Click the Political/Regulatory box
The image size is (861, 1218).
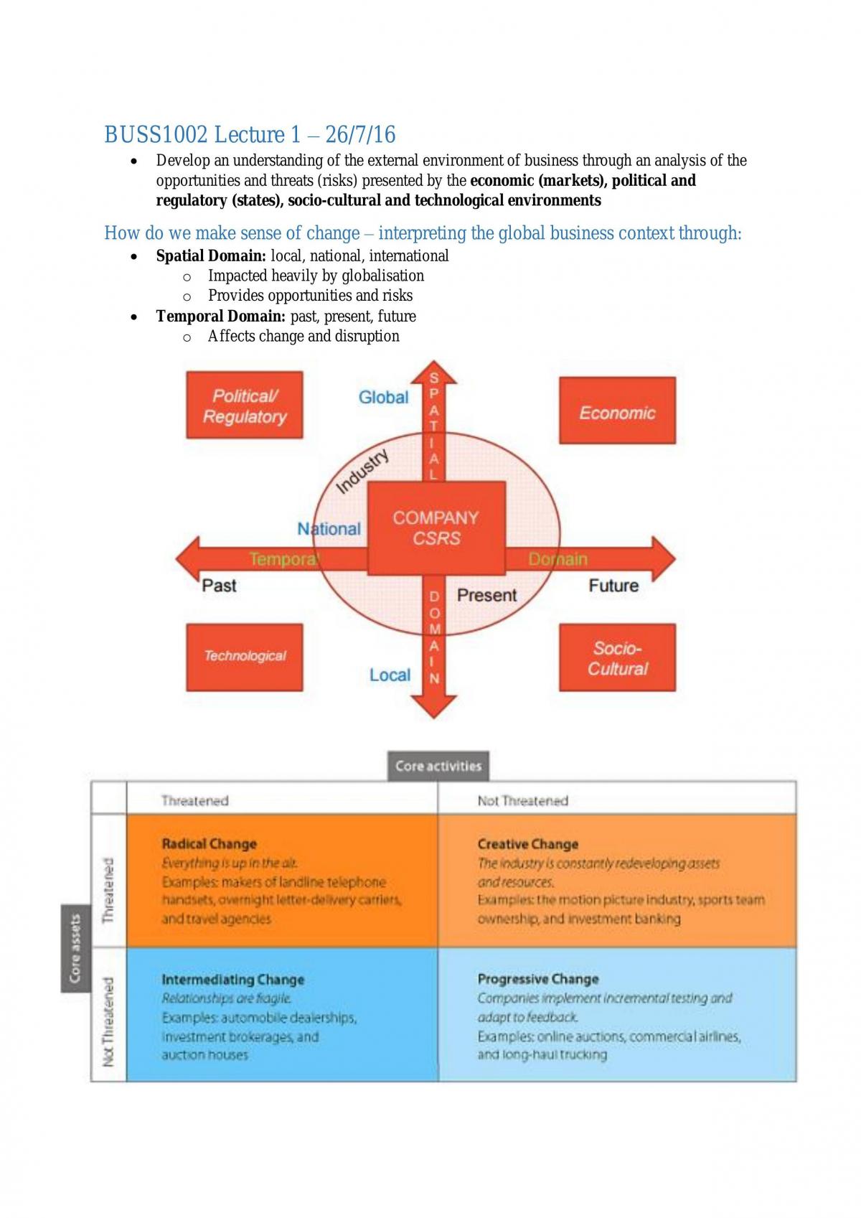pos(245,405)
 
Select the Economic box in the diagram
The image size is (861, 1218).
pos(618,411)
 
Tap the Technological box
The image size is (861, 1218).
pos(245,657)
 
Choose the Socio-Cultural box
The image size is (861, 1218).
pos(618,657)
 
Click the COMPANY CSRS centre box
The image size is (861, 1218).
pos(436,528)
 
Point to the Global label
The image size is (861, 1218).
pos(383,398)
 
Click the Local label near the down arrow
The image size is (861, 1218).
pos(390,675)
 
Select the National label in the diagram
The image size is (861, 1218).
pos(329,528)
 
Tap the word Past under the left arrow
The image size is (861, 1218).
pos(219,586)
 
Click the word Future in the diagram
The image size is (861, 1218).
pos(613,586)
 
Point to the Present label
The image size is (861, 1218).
pos(486,596)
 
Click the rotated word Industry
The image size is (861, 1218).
pos(362,471)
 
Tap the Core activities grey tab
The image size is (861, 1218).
pos(438,766)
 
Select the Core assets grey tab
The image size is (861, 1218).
pos(75,949)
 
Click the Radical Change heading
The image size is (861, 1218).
pos(210,844)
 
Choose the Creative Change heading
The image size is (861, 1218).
pos(528,844)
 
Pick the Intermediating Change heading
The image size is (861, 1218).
pos(233,979)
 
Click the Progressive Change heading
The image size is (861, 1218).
pos(538,979)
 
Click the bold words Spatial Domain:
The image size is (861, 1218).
pos(211,256)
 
